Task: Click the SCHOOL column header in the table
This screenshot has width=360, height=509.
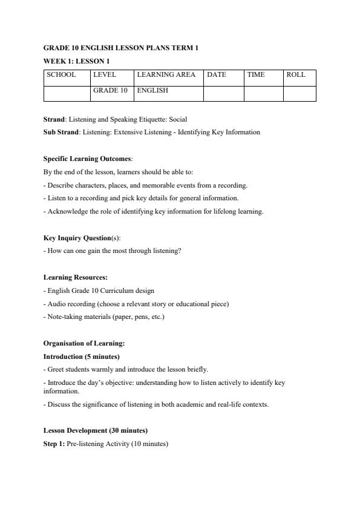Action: click(61, 75)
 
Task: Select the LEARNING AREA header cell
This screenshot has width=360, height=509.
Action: click(166, 75)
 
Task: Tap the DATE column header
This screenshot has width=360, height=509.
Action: click(217, 75)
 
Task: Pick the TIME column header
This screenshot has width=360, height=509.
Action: click(256, 75)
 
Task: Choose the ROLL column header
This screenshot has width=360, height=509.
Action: click(296, 75)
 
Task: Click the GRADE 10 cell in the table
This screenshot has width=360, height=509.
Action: click(110, 91)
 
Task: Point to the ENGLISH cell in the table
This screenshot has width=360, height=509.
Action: click(152, 91)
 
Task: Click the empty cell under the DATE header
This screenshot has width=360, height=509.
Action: click(223, 93)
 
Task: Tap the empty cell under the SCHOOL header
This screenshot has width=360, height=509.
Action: click(67, 93)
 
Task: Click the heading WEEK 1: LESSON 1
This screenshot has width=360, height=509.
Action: click(76, 61)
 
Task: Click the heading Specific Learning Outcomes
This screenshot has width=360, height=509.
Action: click(87, 159)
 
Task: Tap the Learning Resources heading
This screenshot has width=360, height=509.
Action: click(76, 277)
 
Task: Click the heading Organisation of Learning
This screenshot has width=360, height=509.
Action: click(84, 343)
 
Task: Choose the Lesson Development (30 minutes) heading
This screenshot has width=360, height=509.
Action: click(96, 430)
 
